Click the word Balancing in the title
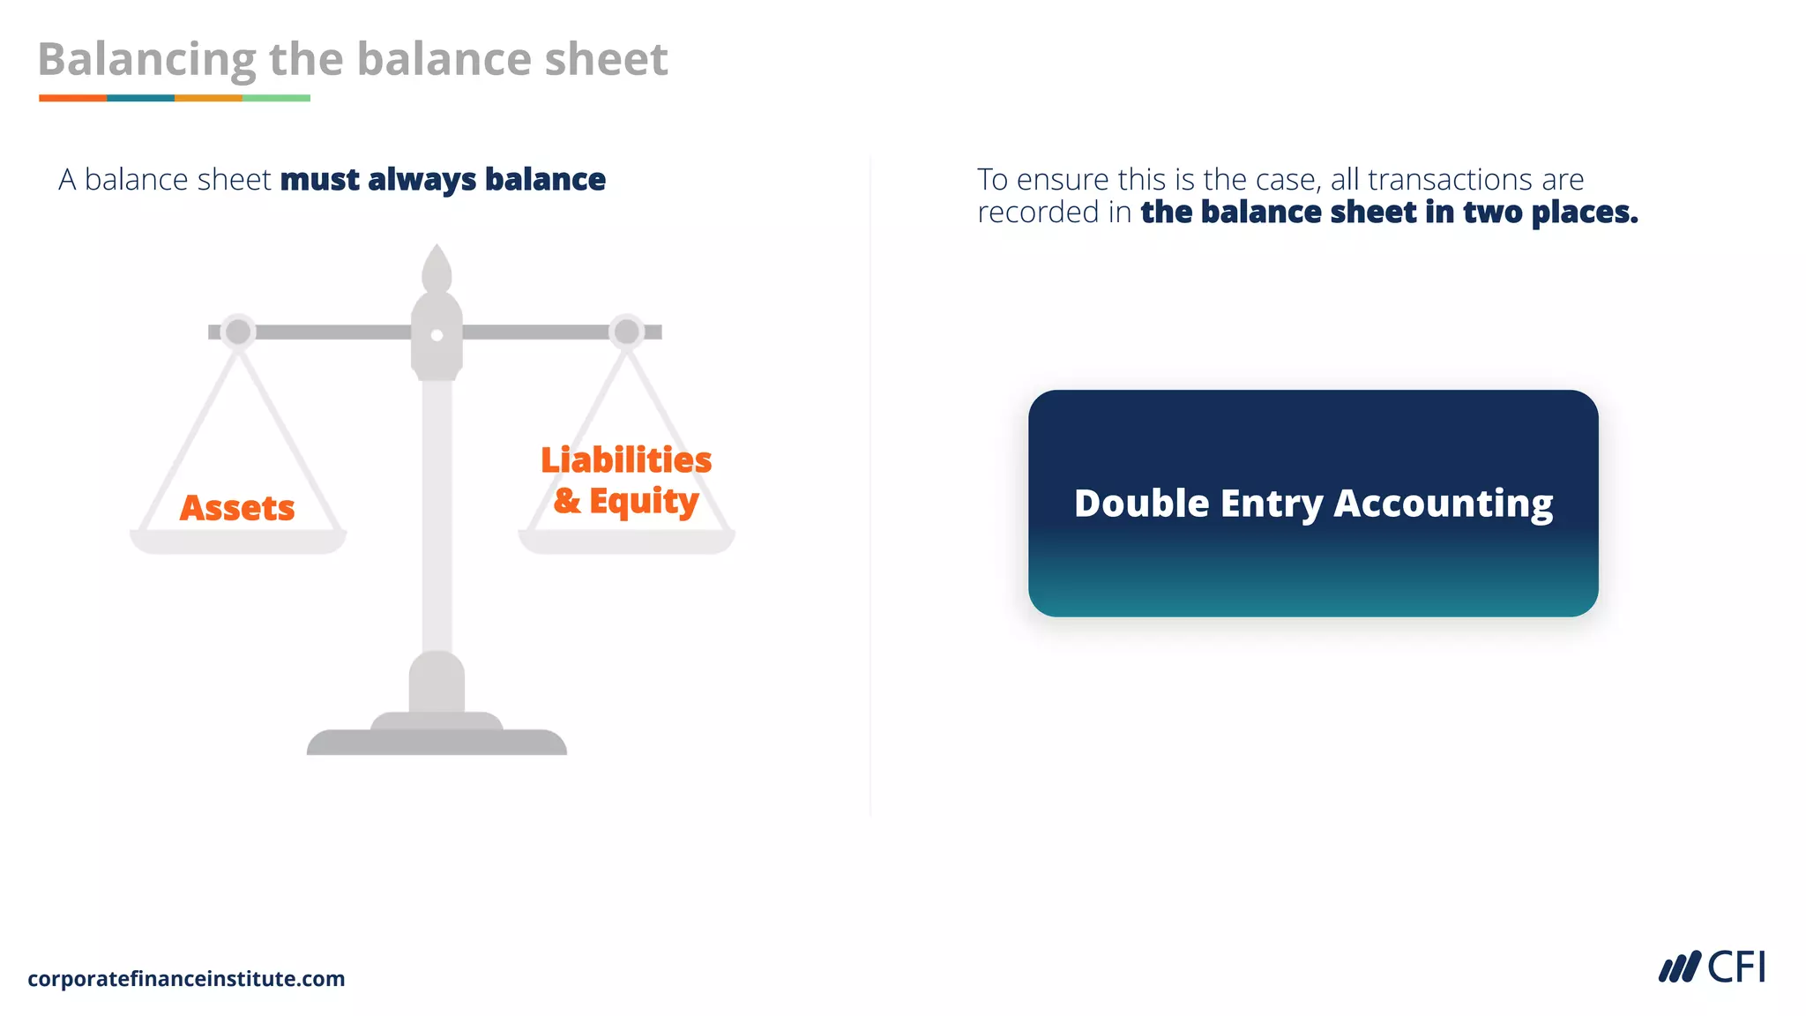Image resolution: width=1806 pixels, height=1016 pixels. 146,60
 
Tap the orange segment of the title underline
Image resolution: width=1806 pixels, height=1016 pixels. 72,98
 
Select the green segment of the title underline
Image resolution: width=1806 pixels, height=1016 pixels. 276,98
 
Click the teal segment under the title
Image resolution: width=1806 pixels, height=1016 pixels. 140,98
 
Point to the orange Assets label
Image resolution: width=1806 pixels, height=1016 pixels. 237,508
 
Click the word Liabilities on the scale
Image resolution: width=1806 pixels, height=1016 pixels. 626,460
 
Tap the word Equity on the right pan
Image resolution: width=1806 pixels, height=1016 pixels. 644,501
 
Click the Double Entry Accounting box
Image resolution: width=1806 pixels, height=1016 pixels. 1313,564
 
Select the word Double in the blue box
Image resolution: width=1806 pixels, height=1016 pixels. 1141,504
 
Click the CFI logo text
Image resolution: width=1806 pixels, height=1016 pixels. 1736,967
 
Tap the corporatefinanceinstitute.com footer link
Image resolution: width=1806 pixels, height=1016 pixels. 186,979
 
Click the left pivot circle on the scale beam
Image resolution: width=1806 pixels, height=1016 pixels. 238,332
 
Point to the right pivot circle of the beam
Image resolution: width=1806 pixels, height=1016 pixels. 627,332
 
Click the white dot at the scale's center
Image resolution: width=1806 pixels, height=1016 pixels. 437,335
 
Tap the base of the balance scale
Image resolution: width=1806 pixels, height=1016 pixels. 437,742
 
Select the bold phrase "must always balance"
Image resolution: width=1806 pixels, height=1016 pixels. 443,180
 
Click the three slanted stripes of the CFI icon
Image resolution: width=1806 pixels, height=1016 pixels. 1679,967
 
